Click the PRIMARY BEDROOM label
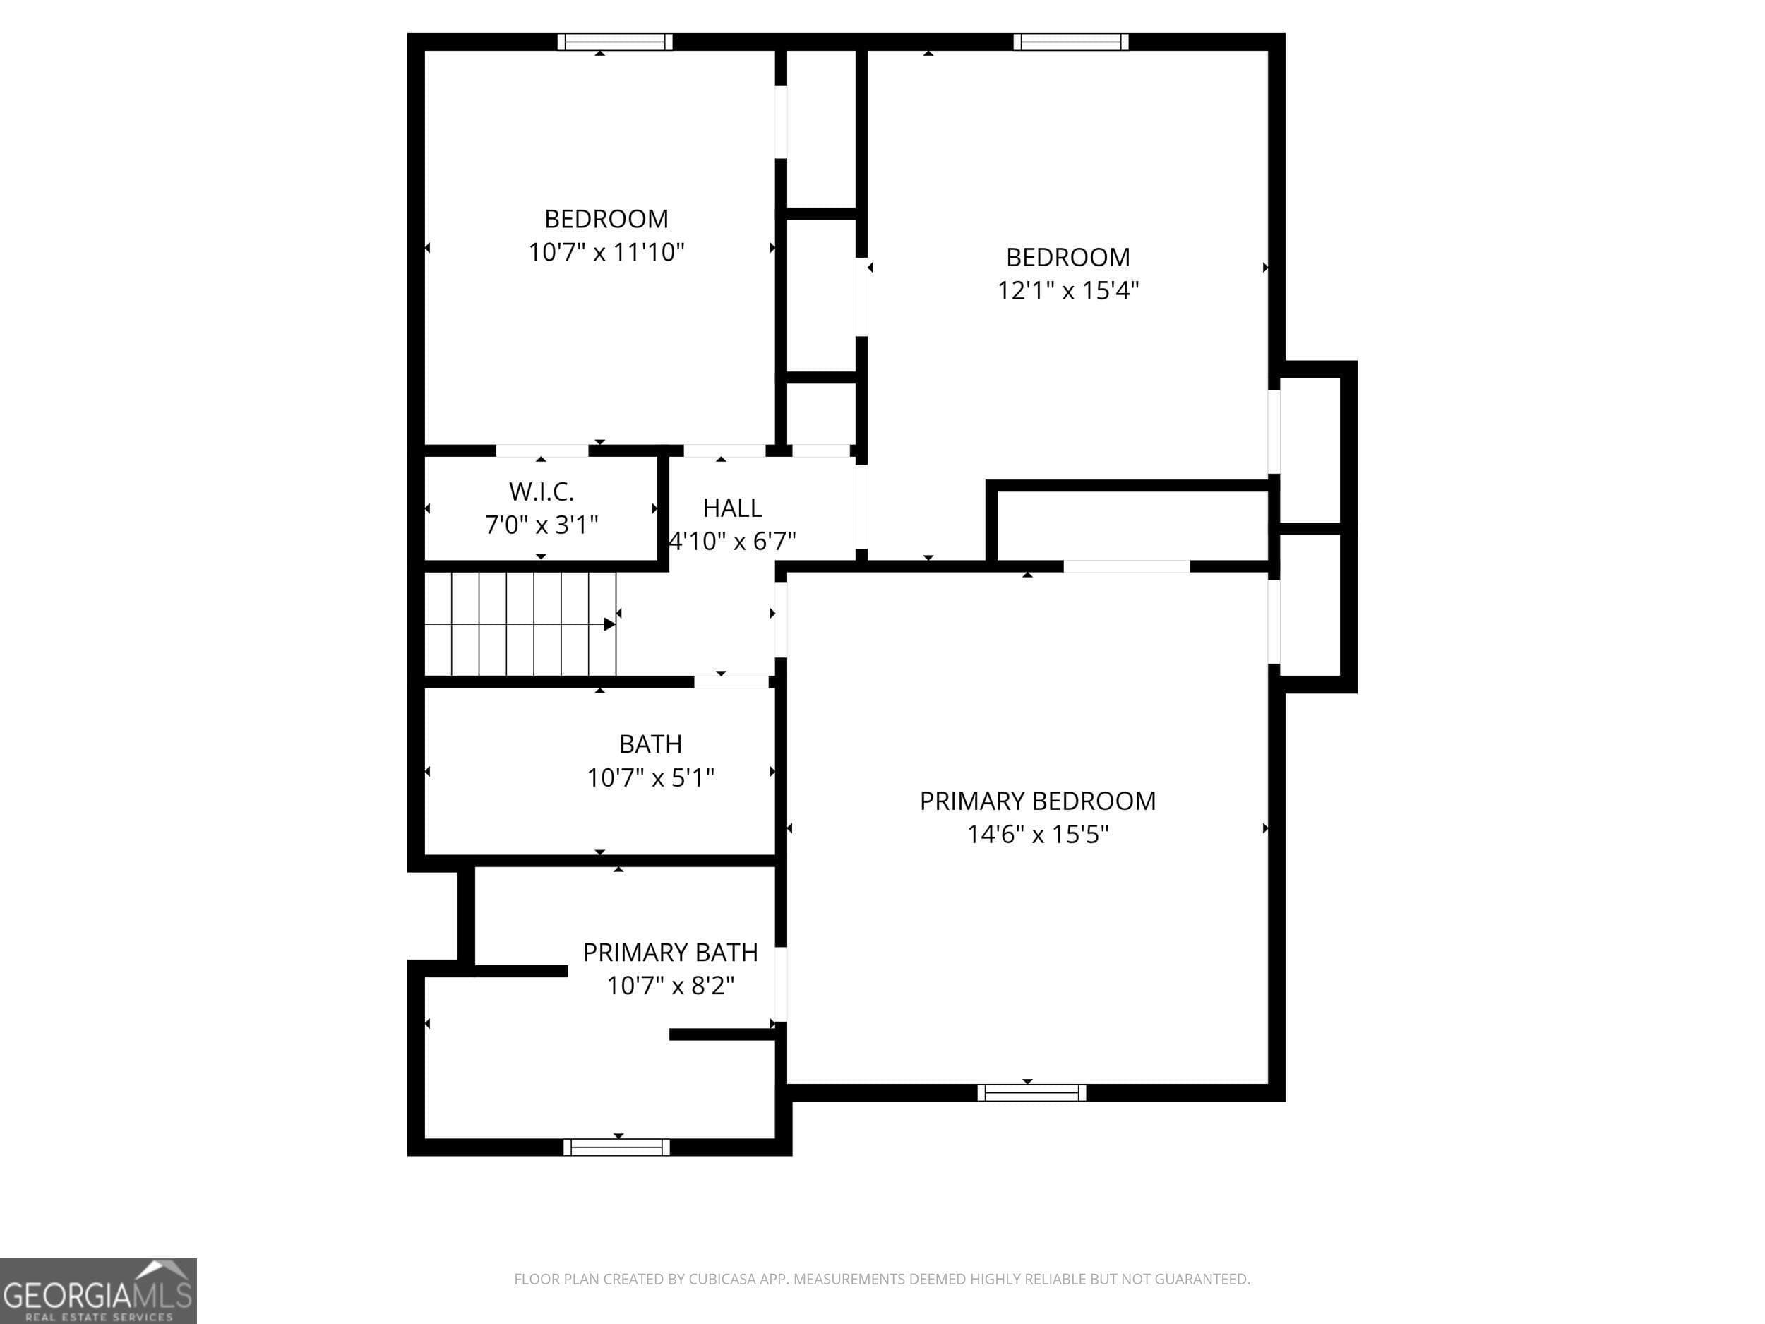1037,801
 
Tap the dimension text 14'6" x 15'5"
1037,835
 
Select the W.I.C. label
541,491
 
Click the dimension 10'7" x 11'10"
606,252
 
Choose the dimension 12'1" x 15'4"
1067,290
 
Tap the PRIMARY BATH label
670,952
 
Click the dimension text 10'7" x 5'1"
650,777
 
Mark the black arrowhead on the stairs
609,624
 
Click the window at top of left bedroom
614,42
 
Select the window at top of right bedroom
1071,42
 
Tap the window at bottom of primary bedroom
1031,1092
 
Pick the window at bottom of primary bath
617,1147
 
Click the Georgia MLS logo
97,1291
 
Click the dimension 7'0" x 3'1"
541,525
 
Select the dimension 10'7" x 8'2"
670,986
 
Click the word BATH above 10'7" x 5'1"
650,744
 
